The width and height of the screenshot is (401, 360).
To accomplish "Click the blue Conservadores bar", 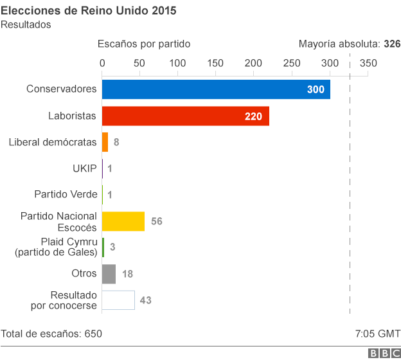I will coord(216,89).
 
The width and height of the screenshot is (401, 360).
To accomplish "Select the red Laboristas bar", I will coord(185,116).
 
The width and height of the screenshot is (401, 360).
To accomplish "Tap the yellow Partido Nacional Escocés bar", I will coord(123,221).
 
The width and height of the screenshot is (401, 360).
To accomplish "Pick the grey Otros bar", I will coord(109,274).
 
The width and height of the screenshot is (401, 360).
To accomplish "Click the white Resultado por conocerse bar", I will coord(118,300).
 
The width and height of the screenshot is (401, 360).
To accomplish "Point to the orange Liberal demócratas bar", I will coord(105,142).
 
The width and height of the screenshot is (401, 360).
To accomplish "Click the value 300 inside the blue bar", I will coord(316,90).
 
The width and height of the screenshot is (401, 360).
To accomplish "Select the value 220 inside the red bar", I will coord(254,116).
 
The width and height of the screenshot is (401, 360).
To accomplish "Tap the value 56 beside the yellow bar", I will coord(156,221).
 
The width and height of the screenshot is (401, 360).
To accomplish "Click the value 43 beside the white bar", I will coord(145,300).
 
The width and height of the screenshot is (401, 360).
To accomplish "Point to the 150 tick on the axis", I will coord(215,63).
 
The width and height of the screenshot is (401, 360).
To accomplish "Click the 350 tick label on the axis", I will coord(368,63).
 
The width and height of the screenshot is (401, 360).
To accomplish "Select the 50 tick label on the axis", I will coord(139,63).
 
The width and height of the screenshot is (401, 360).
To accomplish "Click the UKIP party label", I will coord(84,168).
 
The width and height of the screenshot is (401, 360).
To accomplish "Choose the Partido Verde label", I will coord(66,194).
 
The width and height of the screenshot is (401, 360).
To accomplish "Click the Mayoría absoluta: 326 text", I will coord(349,44).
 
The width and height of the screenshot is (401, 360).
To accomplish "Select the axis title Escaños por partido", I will coord(144,44).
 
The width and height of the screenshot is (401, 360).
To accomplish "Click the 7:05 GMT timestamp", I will coord(377,334).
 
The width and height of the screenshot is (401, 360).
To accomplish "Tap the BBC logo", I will coord(383,353).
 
